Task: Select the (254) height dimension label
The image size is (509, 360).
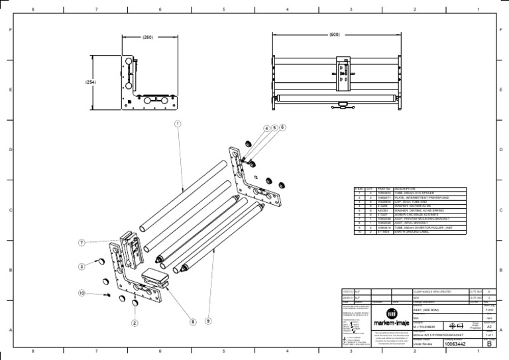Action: [x=91, y=82]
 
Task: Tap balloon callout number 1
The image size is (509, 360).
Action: [x=178, y=123]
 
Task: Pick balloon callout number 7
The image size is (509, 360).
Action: [x=81, y=243]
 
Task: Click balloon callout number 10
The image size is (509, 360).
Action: [x=82, y=292]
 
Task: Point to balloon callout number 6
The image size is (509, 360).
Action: [x=282, y=127]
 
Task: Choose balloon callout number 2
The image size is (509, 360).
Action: [x=134, y=323]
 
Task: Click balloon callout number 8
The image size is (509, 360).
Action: [x=193, y=322]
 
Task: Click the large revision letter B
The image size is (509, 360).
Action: [x=489, y=343]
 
